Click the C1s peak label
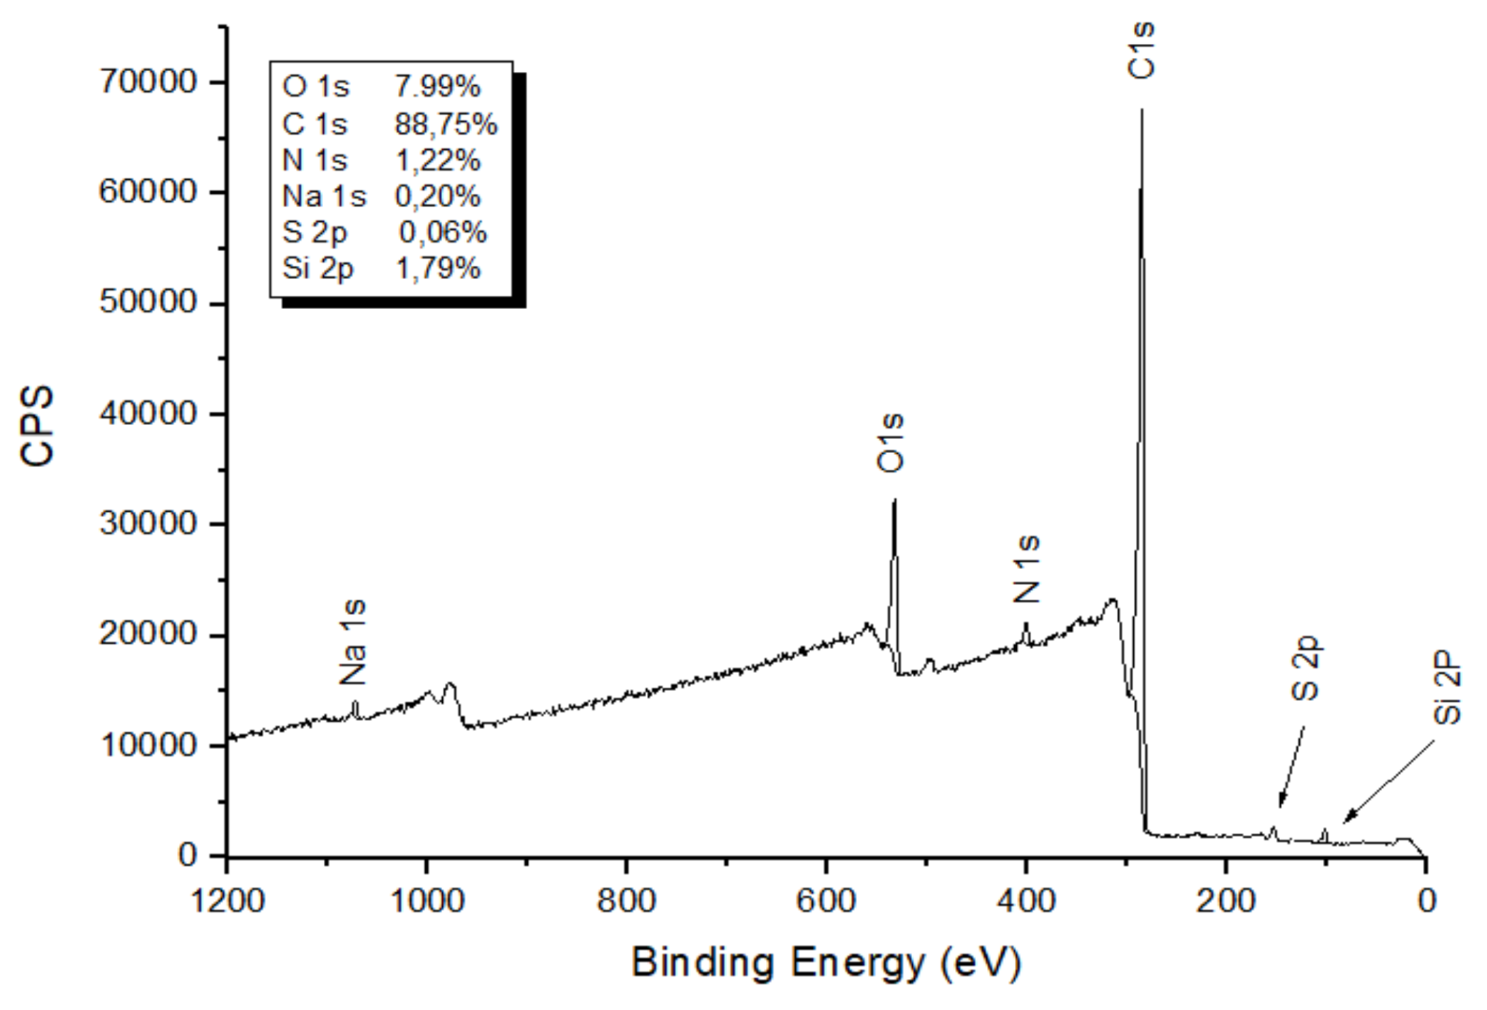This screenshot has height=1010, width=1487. [1142, 50]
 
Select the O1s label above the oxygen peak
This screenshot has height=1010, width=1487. [890, 443]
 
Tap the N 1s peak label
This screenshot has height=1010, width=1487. [1027, 570]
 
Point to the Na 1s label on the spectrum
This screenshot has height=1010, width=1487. [353, 643]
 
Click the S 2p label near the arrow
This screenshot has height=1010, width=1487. [1305, 669]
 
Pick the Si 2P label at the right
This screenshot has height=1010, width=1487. [1448, 689]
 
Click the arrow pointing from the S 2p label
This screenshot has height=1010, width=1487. [1291, 766]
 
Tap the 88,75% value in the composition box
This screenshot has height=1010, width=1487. [446, 124]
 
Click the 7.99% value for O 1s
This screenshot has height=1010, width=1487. [437, 87]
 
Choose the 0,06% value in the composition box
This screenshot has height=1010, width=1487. [442, 232]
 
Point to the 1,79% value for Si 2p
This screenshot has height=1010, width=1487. [438, 268]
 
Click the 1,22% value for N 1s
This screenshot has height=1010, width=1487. [438, 161]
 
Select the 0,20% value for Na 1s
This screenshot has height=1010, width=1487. [437, 196]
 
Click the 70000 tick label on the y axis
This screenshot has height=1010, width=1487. [148, 82]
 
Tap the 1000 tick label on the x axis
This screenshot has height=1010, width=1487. [427, 901]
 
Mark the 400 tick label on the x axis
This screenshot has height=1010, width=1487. [1026, 901]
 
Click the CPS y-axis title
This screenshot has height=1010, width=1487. [37, 426]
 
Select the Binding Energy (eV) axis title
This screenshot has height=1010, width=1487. [826, 963]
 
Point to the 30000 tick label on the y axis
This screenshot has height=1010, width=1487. [148, 524]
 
